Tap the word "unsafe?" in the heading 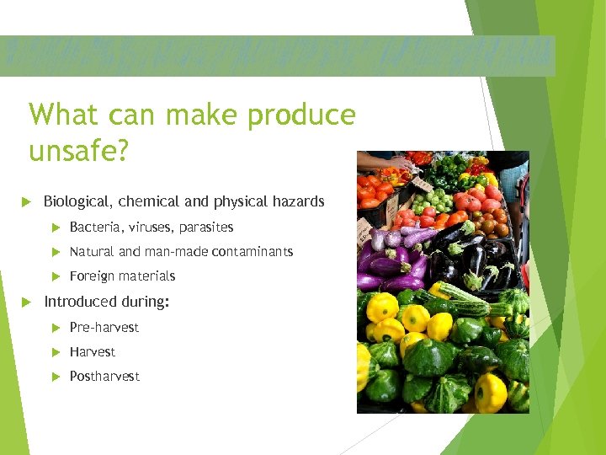tap(78, 151)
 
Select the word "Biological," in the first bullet tap(78, 201)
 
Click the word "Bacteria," tap(94, 227)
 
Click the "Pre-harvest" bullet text tap(104, 328)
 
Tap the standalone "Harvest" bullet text tap(93, 352)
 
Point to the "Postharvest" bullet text tap(104, 377)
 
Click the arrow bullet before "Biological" tap(26, 201)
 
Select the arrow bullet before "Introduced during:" tap(26, 302)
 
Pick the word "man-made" tap(177, 252)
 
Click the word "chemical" tap(148, 201)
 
